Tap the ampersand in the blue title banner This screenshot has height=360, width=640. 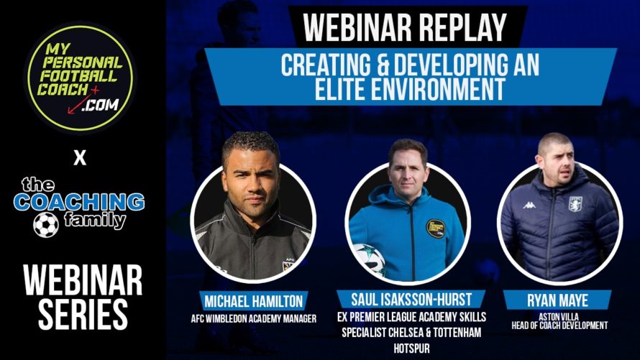pyautogui.click(x=382, y=65)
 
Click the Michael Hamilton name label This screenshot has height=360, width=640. pyautogui.click(x=253, y=301)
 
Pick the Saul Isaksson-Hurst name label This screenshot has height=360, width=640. pyautogui.click(x=411, y=300)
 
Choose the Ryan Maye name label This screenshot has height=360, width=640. pyautogui.click(x=557, y=300)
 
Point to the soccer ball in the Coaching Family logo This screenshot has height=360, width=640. pyautogui.click(x=46, y=225)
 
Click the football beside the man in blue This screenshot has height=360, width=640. pyautogui.click(x=369, y=259)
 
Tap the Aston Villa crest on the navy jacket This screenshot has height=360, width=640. pyautogui.click(x=575, y=204)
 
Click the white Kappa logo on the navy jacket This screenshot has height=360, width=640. pyautogui.click(x=529, y=205)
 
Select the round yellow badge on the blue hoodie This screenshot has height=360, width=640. pyautogui.click(x=435, y=229)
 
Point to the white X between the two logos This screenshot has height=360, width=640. pyautogui.click(x=80, y=158)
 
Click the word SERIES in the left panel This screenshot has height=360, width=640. pyautogui.click(x=83, y=314)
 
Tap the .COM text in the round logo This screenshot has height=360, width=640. pyautogui.click(x=101, y=105)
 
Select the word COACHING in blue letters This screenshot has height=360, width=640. pyautogui.click(x=79, y=202)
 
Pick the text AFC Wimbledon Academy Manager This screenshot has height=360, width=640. pyautogui.click(x=253, y=318)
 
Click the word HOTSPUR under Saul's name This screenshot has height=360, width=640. pyautogui.click(x=411, y=349)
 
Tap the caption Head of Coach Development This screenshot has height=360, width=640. pyautogui.click(x=559, y=326)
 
